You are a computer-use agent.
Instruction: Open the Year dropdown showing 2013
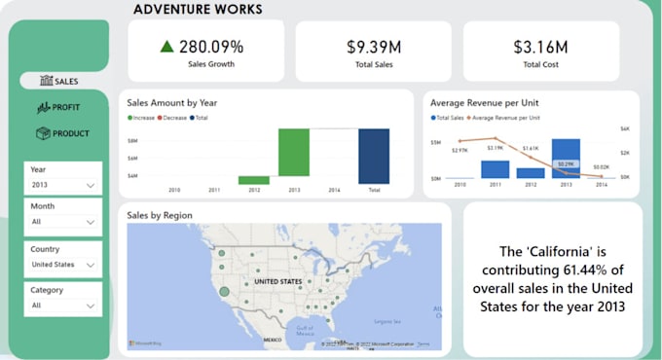[63, 185]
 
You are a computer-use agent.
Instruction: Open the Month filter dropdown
[63, 223]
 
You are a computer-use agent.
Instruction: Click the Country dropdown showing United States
[63, 264]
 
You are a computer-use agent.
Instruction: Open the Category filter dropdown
[63, 305]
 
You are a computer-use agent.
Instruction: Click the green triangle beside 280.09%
[167, 46]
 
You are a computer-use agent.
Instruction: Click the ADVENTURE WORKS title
[197, 10]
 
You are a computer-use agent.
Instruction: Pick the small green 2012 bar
[254, 180]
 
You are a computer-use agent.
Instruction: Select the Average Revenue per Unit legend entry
[508, 118]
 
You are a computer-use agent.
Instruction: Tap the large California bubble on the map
[225, 291]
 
